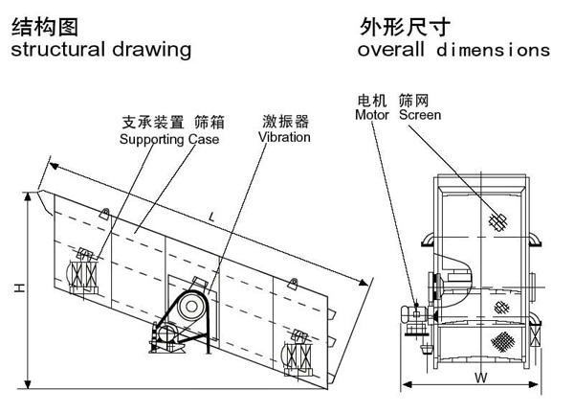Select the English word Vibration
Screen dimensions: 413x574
click(284, 137)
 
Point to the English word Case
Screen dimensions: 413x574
click(204, 140)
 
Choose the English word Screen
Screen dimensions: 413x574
click(420, 115)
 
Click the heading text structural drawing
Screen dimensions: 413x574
click(100, 49)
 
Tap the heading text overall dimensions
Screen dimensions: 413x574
click(453, 49)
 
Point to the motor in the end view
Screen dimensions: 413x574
click(413, 314)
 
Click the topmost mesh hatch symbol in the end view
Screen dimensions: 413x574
click(497, 219)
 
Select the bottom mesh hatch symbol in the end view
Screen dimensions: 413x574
click(500, 340)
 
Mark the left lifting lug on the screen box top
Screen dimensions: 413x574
click(106, 212)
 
